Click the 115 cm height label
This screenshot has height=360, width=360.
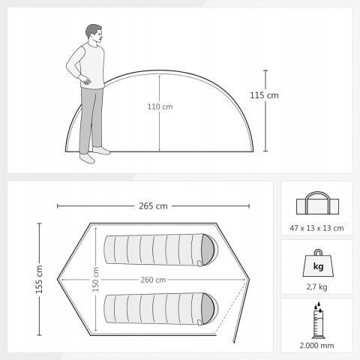[264, 95]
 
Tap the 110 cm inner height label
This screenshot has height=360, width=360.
[160, 106]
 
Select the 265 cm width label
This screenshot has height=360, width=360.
[153, 206]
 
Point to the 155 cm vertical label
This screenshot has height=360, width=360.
[39, 280]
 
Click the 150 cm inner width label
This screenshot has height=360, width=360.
[95, 280]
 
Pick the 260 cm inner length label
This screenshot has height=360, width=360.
[153, 280]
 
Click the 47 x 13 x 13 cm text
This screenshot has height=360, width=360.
[316, 228]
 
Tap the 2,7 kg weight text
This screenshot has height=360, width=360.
[316, 286]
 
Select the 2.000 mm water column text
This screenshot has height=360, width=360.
[316, 346]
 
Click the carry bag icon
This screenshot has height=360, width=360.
[317, 203]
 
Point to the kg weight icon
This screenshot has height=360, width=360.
[318, 263]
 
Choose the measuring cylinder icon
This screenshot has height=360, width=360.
[319, 324]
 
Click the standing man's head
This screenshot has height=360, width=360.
[94, 34]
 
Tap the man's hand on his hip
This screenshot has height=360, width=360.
[85, 80]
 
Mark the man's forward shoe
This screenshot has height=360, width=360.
[101, 150]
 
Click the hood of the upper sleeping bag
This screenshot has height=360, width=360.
[209, 250]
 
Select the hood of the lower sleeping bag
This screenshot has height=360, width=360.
[209, 309]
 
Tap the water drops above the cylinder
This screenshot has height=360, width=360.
[318, 307]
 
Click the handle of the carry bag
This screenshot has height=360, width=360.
[317, 197]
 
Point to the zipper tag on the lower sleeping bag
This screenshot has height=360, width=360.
[199, 322]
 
